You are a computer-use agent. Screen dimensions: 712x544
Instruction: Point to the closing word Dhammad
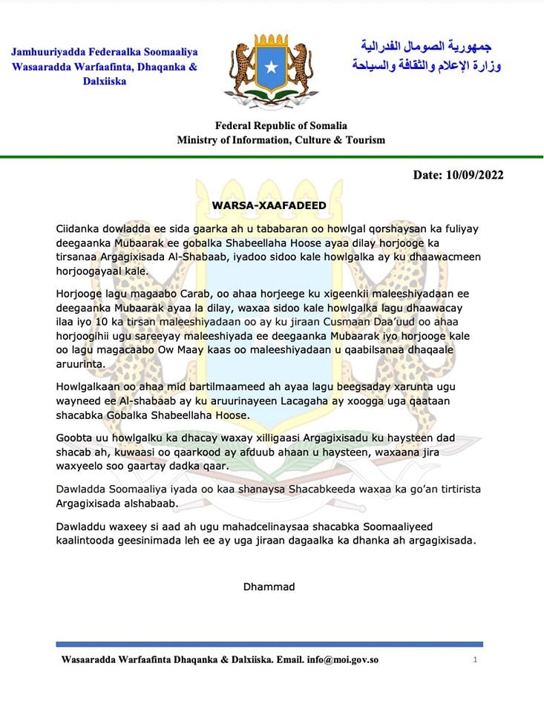[269, 587]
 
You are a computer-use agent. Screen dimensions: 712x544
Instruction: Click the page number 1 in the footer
[474, 659]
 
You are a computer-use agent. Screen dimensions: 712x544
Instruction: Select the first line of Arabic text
[421, 47]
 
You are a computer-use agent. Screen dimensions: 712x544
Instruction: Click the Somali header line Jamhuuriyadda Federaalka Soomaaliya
[105, 52]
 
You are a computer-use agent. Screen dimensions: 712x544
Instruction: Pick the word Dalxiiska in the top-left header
[105, 82]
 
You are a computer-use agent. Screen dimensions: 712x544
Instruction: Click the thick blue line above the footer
[269, 644]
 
